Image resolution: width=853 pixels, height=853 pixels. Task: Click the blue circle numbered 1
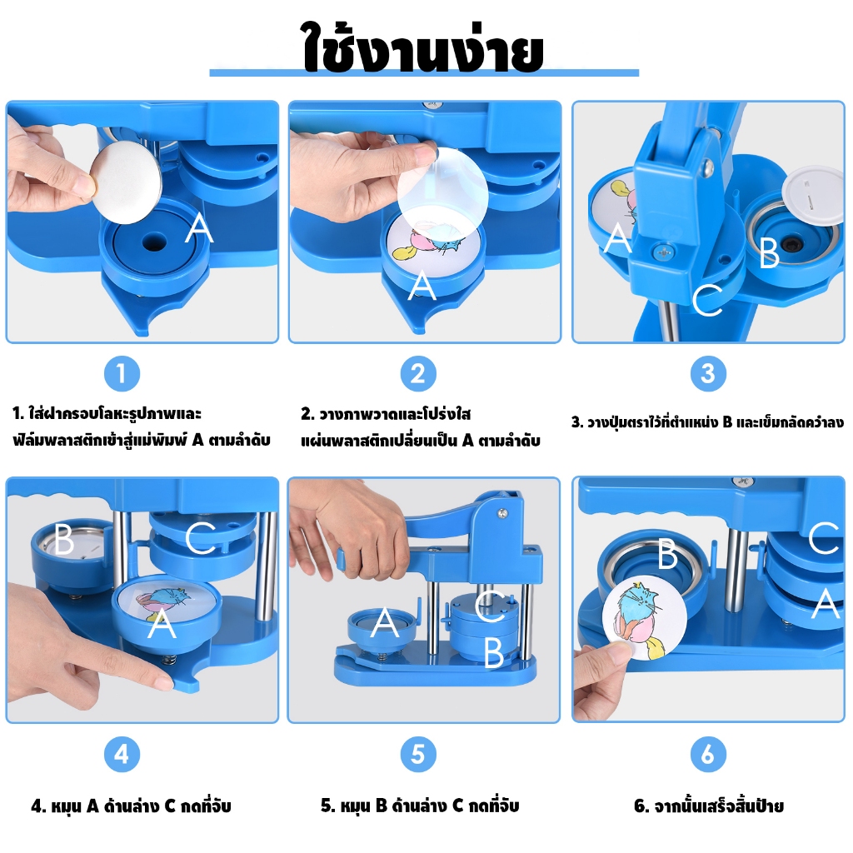pos(122,374)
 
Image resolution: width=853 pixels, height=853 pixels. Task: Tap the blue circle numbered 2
pos(418,374)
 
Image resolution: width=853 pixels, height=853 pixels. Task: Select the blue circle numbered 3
pos(708,374)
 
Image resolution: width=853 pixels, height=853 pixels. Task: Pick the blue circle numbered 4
pos(122,754)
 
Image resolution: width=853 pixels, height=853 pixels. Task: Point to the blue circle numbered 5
pos(418,754)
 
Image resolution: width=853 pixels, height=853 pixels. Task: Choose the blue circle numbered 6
pos(708,754)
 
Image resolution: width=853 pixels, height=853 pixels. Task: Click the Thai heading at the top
pos(423,47)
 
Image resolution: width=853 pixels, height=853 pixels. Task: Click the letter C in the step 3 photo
pos(707,300)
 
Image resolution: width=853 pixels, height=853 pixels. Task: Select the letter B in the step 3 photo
pos(769,252)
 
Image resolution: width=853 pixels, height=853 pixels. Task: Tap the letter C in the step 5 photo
pos(490,606)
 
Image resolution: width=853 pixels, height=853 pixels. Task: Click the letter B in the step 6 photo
pos(667,554)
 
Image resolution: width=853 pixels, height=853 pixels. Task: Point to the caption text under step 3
pos(707,422)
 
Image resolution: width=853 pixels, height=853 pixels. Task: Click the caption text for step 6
pos(708,806)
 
